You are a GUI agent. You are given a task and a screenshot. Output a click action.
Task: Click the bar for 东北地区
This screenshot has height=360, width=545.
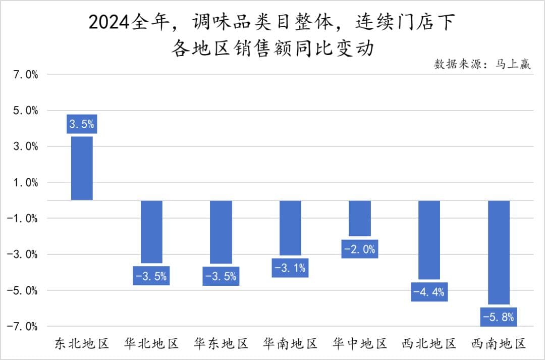82,168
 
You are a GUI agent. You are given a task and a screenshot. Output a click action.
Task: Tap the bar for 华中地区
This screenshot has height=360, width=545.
360,218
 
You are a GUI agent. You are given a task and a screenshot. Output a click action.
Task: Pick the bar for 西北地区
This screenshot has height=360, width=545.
429,240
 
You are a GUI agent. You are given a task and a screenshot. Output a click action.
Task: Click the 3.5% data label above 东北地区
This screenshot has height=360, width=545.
82,124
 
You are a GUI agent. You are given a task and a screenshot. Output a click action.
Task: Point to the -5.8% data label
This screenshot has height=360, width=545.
499,318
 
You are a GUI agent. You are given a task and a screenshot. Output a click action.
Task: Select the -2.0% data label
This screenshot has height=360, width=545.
360,249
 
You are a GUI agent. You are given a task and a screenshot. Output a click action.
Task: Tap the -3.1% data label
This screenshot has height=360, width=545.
290,268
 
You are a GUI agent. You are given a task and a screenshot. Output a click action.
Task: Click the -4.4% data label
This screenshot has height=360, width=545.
429,292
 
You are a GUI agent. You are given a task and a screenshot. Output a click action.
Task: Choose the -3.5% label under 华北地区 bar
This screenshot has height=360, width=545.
151,276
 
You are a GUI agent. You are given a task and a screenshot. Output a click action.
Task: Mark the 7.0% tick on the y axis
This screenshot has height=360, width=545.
26,75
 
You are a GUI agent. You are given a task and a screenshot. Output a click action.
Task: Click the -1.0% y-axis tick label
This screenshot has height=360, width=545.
23,219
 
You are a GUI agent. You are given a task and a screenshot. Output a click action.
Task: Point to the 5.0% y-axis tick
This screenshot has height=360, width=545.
26,111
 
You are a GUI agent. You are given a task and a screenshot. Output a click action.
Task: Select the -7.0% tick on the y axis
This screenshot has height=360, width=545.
23,326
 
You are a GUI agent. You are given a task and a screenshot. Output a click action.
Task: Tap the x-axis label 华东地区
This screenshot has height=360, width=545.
221,344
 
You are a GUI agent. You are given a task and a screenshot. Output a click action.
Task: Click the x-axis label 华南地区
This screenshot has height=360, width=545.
290,344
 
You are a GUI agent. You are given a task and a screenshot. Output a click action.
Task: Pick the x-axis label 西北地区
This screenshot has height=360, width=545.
429,344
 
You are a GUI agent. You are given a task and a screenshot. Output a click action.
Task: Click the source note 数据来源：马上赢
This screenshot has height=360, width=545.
482,64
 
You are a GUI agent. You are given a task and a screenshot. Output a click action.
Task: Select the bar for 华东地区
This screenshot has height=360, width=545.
221,232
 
